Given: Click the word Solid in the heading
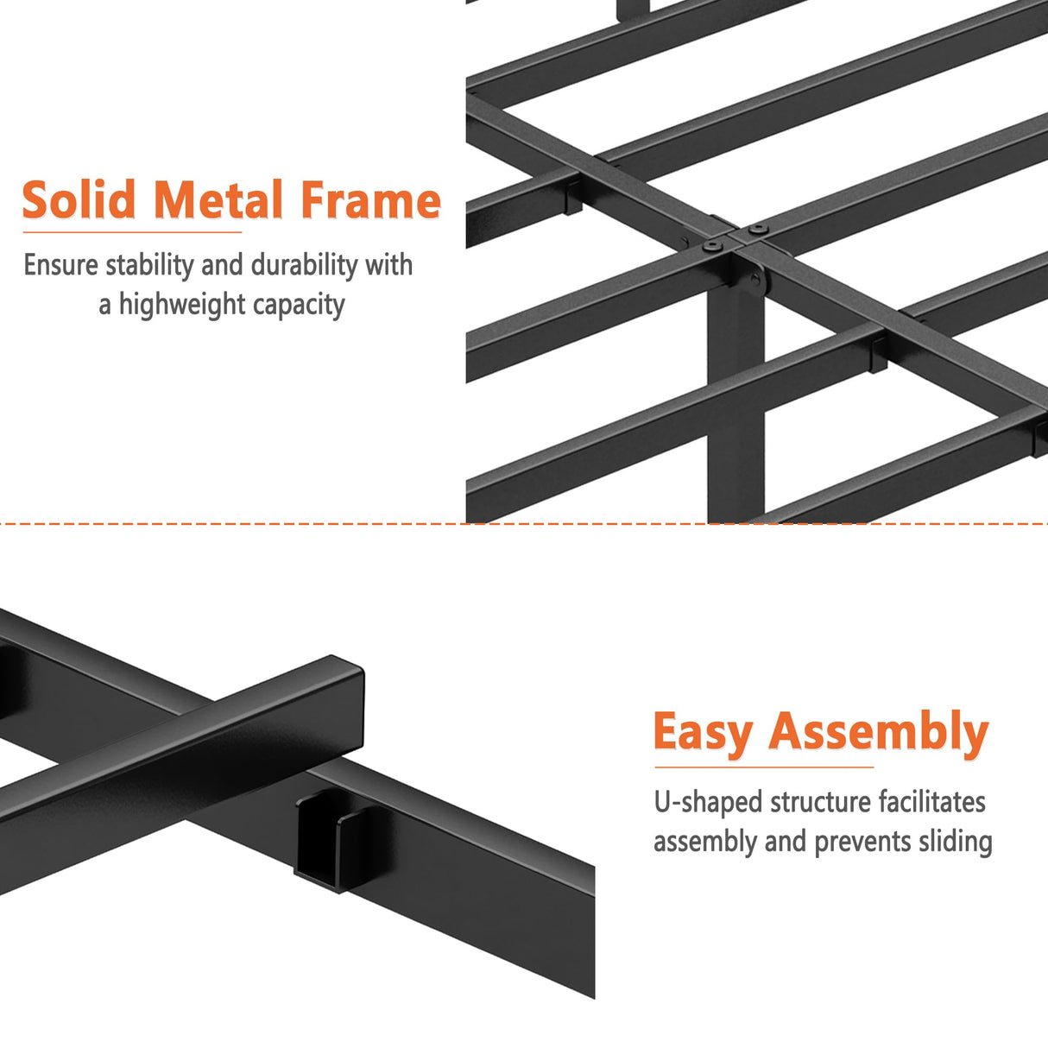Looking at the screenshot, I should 79,200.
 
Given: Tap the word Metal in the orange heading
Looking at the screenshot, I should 218,200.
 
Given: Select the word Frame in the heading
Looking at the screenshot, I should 370,200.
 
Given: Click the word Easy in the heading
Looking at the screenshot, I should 703,733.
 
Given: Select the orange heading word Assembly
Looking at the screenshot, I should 878,733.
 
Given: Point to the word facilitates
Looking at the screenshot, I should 931,802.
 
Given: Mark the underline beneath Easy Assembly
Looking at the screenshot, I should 763,767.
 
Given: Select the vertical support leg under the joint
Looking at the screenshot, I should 735,406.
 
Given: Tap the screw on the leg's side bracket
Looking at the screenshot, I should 756,280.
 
